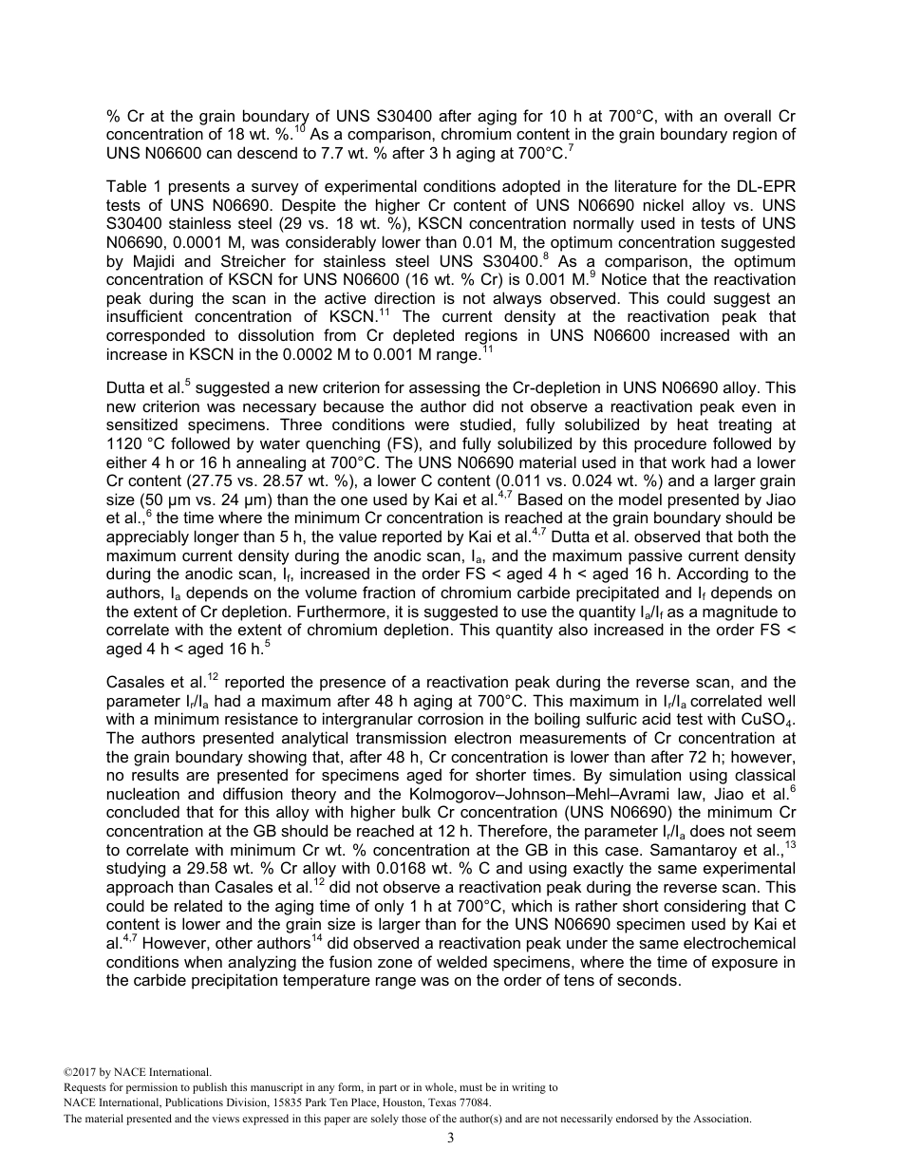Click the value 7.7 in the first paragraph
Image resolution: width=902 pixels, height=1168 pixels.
point(391,152)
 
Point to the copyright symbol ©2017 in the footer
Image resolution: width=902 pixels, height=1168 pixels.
point(83,1072)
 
